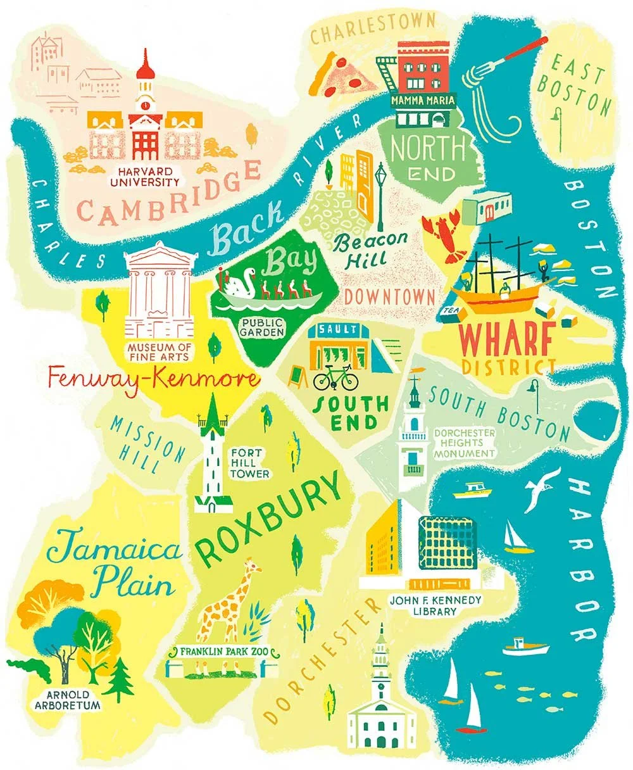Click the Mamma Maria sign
pos(423,101)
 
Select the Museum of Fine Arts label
pos(159,352)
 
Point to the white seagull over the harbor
pos(541,488)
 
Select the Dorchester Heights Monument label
pos(464,443)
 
